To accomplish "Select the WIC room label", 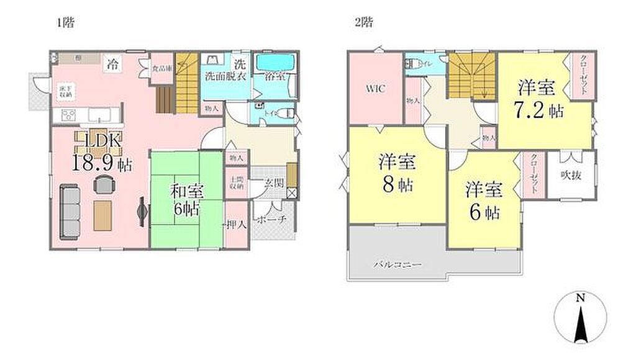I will (376, 89).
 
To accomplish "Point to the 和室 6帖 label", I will (186, 201).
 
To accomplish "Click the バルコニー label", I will (397, 265).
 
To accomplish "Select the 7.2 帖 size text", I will (538, 111).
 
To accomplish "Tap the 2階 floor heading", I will (363, 23).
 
